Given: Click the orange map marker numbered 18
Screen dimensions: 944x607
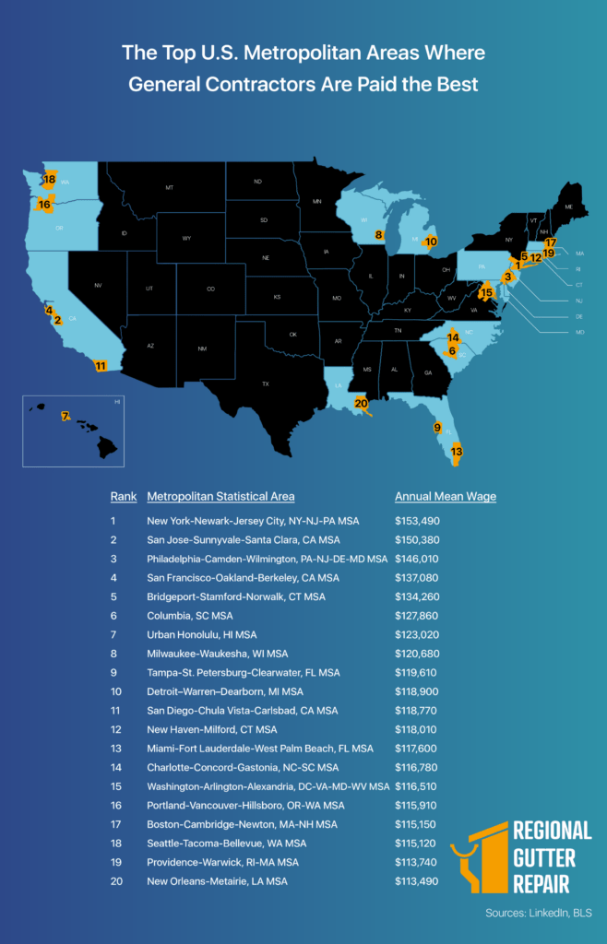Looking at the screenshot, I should tap(49, 179).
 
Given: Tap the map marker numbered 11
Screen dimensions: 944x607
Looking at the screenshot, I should tap(101, 366).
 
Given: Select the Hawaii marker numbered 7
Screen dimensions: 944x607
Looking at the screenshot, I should tap(65, 417).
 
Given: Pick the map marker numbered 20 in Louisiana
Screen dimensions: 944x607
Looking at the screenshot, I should tap(362, 403).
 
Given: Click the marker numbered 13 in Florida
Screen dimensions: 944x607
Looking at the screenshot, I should tap(456, 452).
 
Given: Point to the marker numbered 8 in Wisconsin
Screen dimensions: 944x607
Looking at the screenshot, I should tap(379, 236).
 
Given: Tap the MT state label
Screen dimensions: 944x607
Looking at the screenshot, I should tap(170, 188).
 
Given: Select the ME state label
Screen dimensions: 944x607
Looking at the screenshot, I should tap(569, 207).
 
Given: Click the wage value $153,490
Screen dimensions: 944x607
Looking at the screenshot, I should tap(418, 521).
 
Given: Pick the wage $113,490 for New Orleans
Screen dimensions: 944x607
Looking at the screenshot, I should tap(418, 881).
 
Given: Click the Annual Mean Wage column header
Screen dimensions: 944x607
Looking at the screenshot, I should tap(446, 496).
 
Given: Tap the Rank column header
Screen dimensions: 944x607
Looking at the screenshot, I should tap(124, 496).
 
